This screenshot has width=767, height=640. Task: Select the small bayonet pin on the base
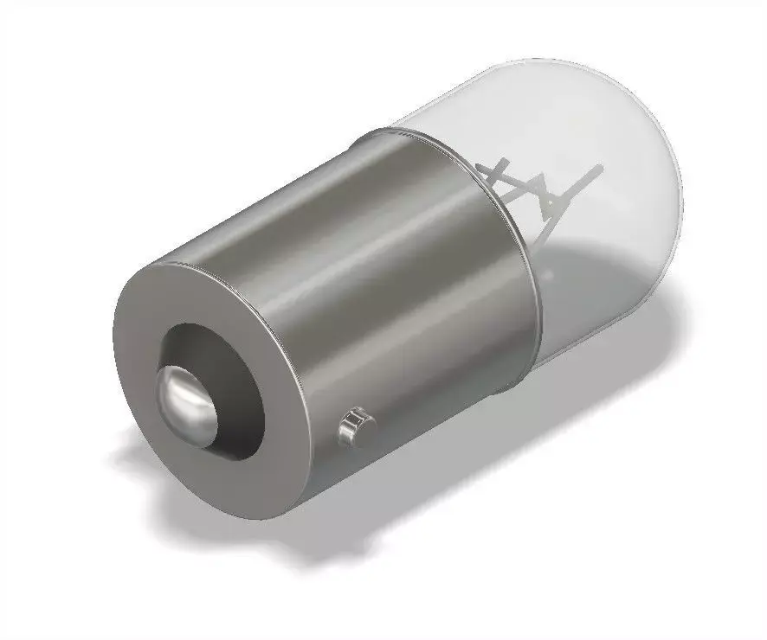pos(355,426)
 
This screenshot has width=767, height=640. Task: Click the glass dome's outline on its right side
pos(680,216)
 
